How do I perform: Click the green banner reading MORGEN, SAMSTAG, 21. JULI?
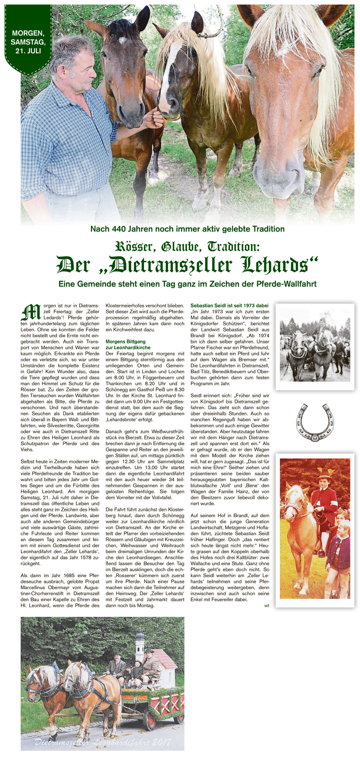(28, 42)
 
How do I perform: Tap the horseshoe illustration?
(315, 423)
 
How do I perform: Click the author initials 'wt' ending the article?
(266, 605)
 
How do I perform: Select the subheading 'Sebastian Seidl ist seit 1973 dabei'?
(229, 305)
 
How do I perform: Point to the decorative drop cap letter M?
(31, 312)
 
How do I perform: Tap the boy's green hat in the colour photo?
(325, 473)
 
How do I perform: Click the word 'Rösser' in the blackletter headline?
(135, 246)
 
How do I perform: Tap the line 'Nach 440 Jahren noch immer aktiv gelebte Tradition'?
(187, 229)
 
